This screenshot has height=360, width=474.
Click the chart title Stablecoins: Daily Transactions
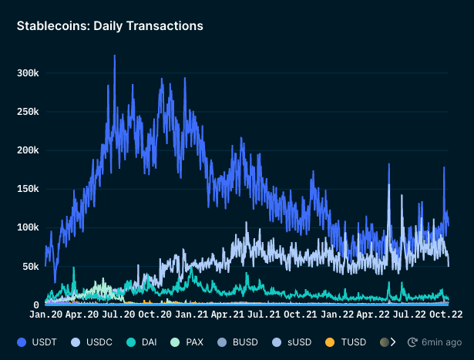click(x=110, y=26)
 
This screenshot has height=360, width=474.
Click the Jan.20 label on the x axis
click(x=45, y=315)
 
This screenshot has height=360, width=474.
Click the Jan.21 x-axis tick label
click(x=190, y=315)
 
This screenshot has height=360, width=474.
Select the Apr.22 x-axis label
click(x=372, y=315)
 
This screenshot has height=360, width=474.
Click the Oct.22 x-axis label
click(x=445, y=315)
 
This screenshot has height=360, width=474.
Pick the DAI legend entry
click(x=142, y=341)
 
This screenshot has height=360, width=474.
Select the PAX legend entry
click(x=187, y=341)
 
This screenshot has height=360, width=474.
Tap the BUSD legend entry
click(x=237, y=341)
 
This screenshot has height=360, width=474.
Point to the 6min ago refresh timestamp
click(x=435, y=341)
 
